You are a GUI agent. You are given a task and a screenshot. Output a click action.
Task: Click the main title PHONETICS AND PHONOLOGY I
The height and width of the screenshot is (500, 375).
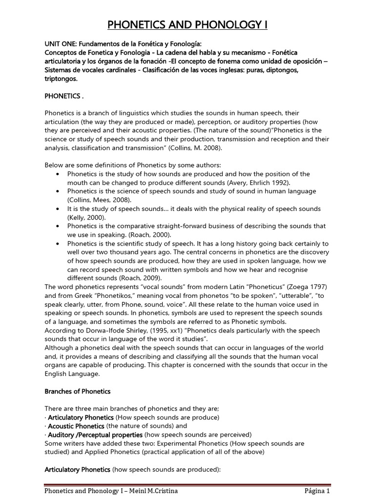point(187,25)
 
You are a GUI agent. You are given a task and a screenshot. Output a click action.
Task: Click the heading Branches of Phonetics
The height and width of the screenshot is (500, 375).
point(78,391)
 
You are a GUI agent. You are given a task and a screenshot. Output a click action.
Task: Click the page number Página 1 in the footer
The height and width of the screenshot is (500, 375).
point(314,491)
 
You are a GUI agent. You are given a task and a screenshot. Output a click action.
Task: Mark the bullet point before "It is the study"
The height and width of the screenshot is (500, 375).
point(59,209)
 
